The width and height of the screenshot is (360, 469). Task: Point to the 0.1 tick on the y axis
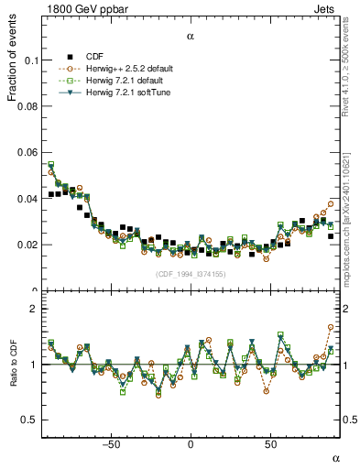pyautogui.click(x=25, y=60)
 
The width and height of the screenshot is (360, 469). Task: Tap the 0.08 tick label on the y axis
pyautogui.click(x=22, y=107)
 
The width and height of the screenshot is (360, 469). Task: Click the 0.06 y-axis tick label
pyautogui.click(x=22, y=153)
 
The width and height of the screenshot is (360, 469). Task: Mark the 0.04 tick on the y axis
pyautogui.click(x=22, y=199)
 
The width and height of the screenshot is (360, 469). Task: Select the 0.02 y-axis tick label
pyautogui.click(x=22, y=245)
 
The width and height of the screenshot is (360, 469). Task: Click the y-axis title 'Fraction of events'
pyautogui.click(x=12, y=63)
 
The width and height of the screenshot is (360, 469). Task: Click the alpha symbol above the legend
pyautogui.click(x=191, y=37)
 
